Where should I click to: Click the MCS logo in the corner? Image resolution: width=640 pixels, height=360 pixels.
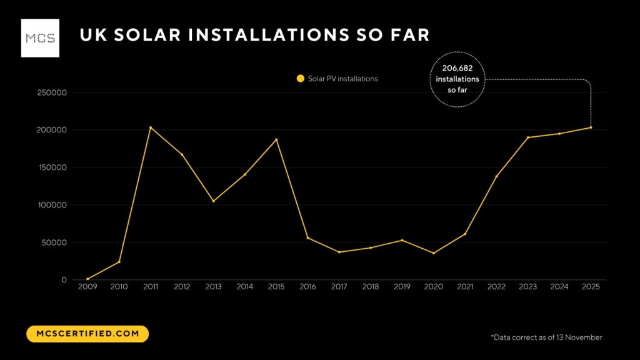click(x=40, y=38)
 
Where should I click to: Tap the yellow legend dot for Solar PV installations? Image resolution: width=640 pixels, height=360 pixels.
click(x=300, y=79)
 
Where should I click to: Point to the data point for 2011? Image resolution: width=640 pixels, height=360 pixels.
click(x=151, y=127)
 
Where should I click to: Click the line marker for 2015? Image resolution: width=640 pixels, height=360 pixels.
click(x=276, y=139)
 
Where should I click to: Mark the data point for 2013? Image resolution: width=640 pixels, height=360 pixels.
click(x=213, y=201)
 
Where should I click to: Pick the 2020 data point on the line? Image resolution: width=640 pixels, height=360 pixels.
click(x=433, y=253)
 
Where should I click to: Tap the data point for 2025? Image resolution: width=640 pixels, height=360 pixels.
click(x=591, y=127)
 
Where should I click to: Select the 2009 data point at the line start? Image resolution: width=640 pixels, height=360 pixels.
click(x=87, y=279)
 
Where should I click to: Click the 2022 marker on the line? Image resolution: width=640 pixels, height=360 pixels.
click(x=496, y=176)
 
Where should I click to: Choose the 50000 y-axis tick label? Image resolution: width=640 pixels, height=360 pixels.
click(x=54, y=242)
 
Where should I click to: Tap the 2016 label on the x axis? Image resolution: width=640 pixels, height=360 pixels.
click(x=307, y=287)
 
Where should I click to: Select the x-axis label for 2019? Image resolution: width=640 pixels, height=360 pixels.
click(x=402, y=287)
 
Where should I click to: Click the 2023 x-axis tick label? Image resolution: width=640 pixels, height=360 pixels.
click(x=527, y=287)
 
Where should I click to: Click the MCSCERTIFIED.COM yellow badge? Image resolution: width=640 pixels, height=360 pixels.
click(x=87, y=334)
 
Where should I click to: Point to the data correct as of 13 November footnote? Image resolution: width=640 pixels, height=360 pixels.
click(x=546, y=337)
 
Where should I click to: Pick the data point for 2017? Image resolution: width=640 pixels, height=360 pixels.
click(x=339, y=252)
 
